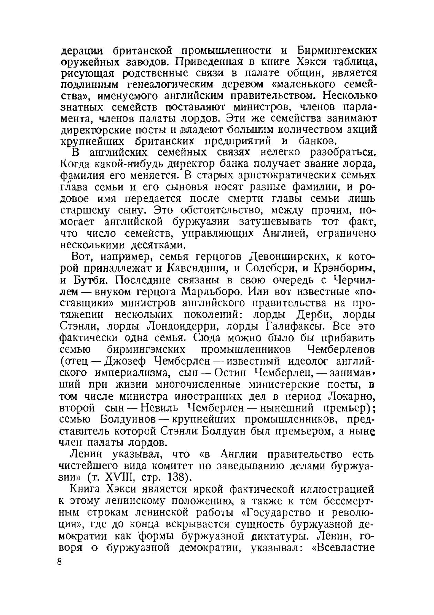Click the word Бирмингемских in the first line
pyautogui.click(x=336, y=51)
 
